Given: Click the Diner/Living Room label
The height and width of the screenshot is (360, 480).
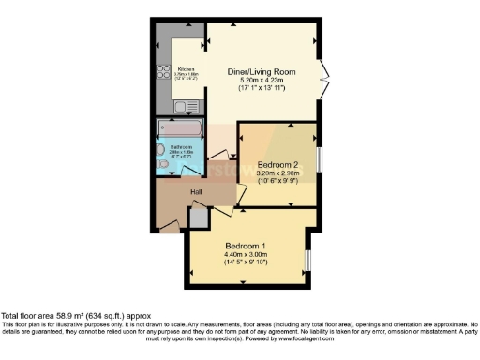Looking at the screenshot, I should pyautogui.click(x=263, y=71).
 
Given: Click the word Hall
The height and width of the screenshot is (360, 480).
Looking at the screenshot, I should pyautogui.click(x=197, y=193).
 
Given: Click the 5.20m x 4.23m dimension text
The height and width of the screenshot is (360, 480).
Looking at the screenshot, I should pyautogui.click(x=263, y=80).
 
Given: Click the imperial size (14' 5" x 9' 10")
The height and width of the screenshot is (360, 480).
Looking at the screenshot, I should pyautogui.click(x=246, y=262).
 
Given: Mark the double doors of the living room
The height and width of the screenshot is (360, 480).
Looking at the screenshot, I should pyautogui.click(x=323, y=71).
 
